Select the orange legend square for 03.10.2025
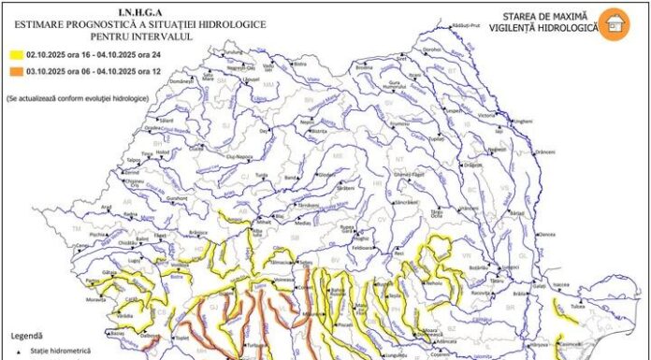tap(15, 71)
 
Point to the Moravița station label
tap(96, 301)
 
